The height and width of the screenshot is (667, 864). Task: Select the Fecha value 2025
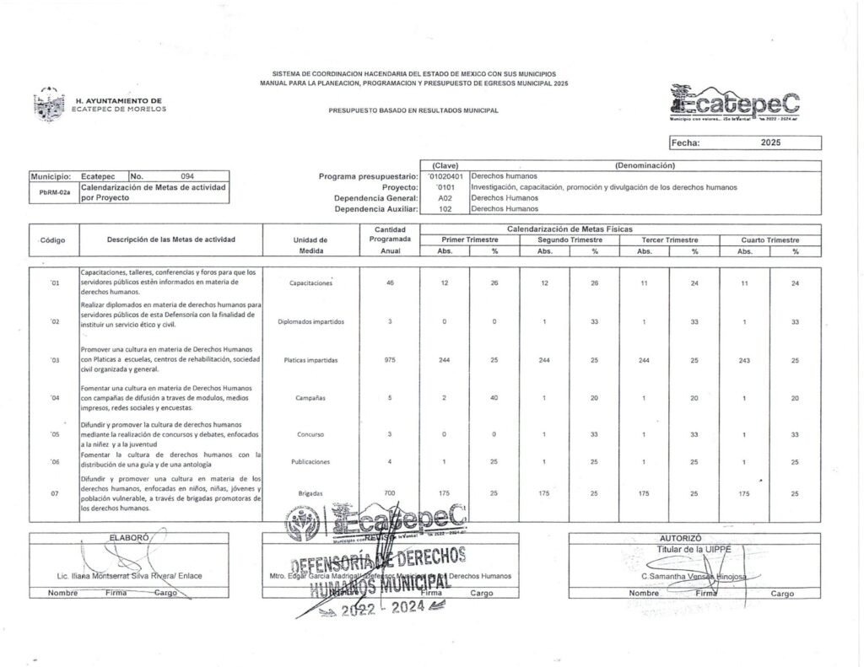(x=769, y=143)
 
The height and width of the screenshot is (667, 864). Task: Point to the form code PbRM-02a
(x=54, y=192)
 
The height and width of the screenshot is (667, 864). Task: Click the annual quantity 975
(x=389, y=360)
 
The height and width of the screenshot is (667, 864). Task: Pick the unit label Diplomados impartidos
(x=311, y=321)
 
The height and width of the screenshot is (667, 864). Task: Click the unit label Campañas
(x=311, y=397)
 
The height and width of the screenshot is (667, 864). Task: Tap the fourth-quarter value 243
(x=745, y=360)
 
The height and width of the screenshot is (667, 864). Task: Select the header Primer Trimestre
(x=470, y=239)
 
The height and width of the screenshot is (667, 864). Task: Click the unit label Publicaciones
(x=311, y=462)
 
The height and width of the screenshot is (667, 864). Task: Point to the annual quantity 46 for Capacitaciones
(x=389, y=282)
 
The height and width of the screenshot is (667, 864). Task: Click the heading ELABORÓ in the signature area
(x=129, y=537)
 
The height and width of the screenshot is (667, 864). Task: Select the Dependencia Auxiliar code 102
(x=445, y=207)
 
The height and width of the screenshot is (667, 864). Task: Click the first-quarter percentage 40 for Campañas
(x=494, y=397)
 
